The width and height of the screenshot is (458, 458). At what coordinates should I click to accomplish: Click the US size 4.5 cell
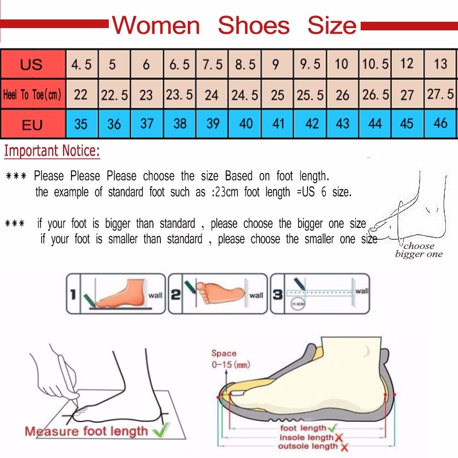(x=81, y=64)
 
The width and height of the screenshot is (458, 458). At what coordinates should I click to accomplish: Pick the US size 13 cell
(x=440, y=64)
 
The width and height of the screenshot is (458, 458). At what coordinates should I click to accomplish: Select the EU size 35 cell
(x=81, y=124)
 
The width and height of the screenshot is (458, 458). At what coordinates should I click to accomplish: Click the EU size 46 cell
(x=440, y=124)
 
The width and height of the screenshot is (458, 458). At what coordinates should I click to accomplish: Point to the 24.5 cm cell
(x=245, y=94)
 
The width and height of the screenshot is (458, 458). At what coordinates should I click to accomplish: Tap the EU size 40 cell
(x=245, y=124)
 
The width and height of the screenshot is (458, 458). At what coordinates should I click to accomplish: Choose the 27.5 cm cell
(x=440, y=94)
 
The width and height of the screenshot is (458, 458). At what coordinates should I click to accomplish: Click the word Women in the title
(x=156, y=26)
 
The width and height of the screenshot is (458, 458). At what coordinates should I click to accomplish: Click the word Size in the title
(x=331, y=26)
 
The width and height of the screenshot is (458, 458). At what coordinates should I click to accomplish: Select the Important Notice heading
(x=52, y=152)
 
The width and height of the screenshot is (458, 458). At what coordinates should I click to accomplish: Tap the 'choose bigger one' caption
(x=418, y=250)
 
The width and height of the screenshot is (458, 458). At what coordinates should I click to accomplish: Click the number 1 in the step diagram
(x=73, y=295)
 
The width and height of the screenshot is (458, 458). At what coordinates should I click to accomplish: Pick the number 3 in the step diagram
(x=277, y=295)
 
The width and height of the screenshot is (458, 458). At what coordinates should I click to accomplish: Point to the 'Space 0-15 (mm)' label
(x=230, y=359)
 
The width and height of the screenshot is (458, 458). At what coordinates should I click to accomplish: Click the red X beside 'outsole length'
(x=345, y=446)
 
